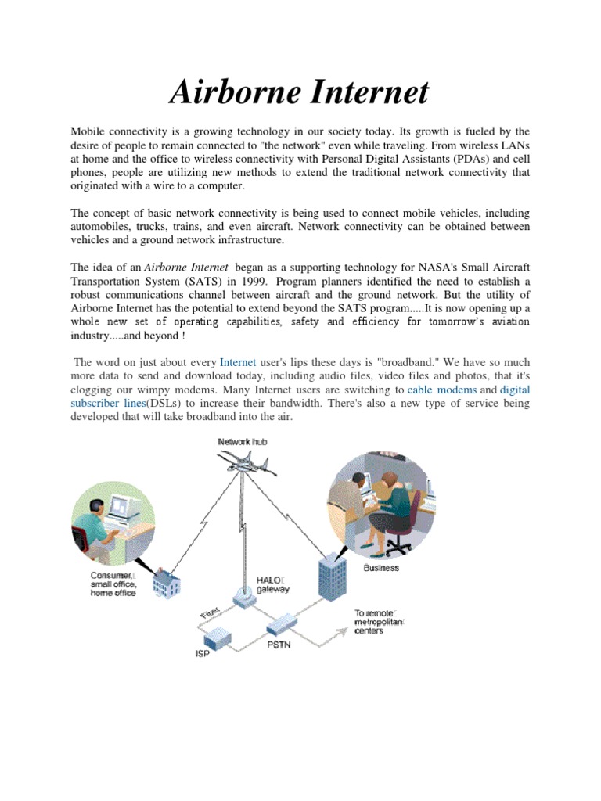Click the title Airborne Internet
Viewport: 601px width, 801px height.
[300, 92]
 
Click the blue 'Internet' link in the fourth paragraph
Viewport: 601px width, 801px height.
[238, 362]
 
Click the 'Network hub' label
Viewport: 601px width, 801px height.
[243, 442]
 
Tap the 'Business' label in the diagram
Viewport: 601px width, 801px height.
[381, 568]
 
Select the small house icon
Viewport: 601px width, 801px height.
[167, 581]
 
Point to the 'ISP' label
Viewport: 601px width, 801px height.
[203, 653]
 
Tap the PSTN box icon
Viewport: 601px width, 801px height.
[281, 626]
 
